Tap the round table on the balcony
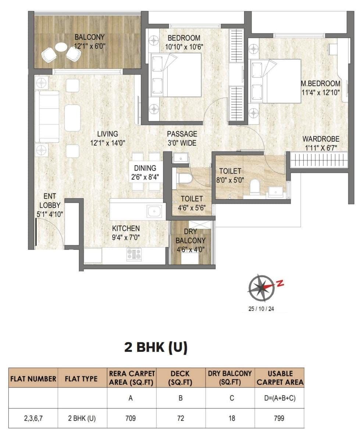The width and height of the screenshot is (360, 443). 61,47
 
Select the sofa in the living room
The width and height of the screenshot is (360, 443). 47,117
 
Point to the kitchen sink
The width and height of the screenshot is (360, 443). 154,211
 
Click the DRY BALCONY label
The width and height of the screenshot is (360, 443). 190,241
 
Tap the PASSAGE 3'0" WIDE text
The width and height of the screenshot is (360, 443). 182,139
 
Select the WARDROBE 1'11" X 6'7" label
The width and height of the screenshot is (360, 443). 321,144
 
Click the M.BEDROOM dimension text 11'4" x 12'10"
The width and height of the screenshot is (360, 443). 320,92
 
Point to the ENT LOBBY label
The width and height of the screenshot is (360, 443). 50,206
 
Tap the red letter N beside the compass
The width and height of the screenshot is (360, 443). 280,283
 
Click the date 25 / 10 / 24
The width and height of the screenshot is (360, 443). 261,309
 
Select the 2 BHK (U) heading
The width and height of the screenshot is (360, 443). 156,347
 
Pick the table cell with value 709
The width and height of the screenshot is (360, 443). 131,418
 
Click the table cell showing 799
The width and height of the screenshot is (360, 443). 279,418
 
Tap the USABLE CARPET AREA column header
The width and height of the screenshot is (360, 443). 280,378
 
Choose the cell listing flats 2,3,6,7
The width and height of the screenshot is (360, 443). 33,418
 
